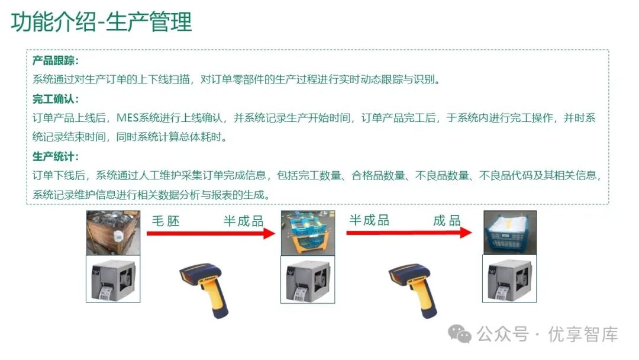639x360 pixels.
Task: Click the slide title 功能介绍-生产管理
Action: [x=102, y=22]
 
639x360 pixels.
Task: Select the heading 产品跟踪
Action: [x=55, y=61]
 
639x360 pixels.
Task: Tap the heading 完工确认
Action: [x=55, y=99]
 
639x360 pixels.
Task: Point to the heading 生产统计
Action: [x=55, y=156]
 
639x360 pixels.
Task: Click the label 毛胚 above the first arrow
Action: [x=166, y=221]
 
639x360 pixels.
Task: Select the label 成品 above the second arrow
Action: [x=447, y=221]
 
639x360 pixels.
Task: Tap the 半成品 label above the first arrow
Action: [x=243, y=221]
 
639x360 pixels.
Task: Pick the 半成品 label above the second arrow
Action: [x=369, y=220]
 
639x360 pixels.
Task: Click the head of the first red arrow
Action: [x=269, y=233]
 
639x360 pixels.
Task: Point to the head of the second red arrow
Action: [x=466, y=233]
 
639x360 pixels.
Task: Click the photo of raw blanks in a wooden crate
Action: [x=112, y=232]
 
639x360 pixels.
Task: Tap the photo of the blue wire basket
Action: [x=509, y=232]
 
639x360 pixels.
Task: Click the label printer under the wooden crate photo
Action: [x=112, y=279]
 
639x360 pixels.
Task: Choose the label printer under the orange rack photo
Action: [x=307, y=279]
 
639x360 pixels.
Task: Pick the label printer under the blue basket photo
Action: [x=509, y=279]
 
